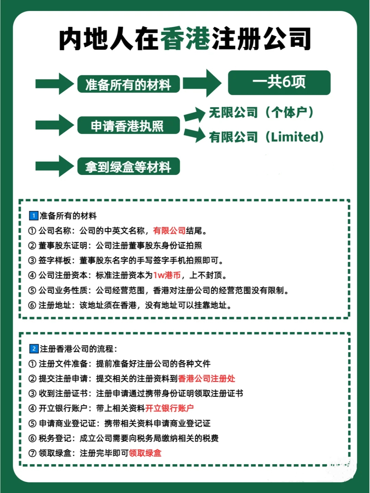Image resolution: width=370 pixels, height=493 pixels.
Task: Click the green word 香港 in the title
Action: (185, 39)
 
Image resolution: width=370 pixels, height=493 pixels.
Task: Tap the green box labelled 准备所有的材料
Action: (128, 84)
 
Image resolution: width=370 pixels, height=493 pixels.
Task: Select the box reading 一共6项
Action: (279, 83)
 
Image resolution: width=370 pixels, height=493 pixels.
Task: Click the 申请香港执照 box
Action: (128, 126)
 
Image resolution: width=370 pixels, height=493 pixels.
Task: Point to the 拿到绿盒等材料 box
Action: (128, 167)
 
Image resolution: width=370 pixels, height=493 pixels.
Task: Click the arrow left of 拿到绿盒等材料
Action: (54, 166)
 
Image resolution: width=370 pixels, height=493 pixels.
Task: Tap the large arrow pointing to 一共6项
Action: (202, 83)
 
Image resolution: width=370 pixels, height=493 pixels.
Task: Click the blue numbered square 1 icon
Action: (34, 216)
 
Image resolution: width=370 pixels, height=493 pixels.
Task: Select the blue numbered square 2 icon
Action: (34, 349)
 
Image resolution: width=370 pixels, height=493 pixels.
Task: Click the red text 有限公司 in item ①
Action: (169, 231)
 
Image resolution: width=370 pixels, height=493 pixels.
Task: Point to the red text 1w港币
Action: (167, 275)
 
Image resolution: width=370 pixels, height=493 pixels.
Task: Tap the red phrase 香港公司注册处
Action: (207, 379)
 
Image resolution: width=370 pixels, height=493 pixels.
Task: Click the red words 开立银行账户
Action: (170, 408)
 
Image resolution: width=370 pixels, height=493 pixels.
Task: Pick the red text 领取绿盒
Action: (145, 453)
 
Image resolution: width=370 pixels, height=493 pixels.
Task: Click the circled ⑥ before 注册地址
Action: (32, 305)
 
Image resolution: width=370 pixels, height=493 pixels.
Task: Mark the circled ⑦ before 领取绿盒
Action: (32, 453)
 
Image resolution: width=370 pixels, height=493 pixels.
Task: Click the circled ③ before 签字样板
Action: (32, 261)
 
